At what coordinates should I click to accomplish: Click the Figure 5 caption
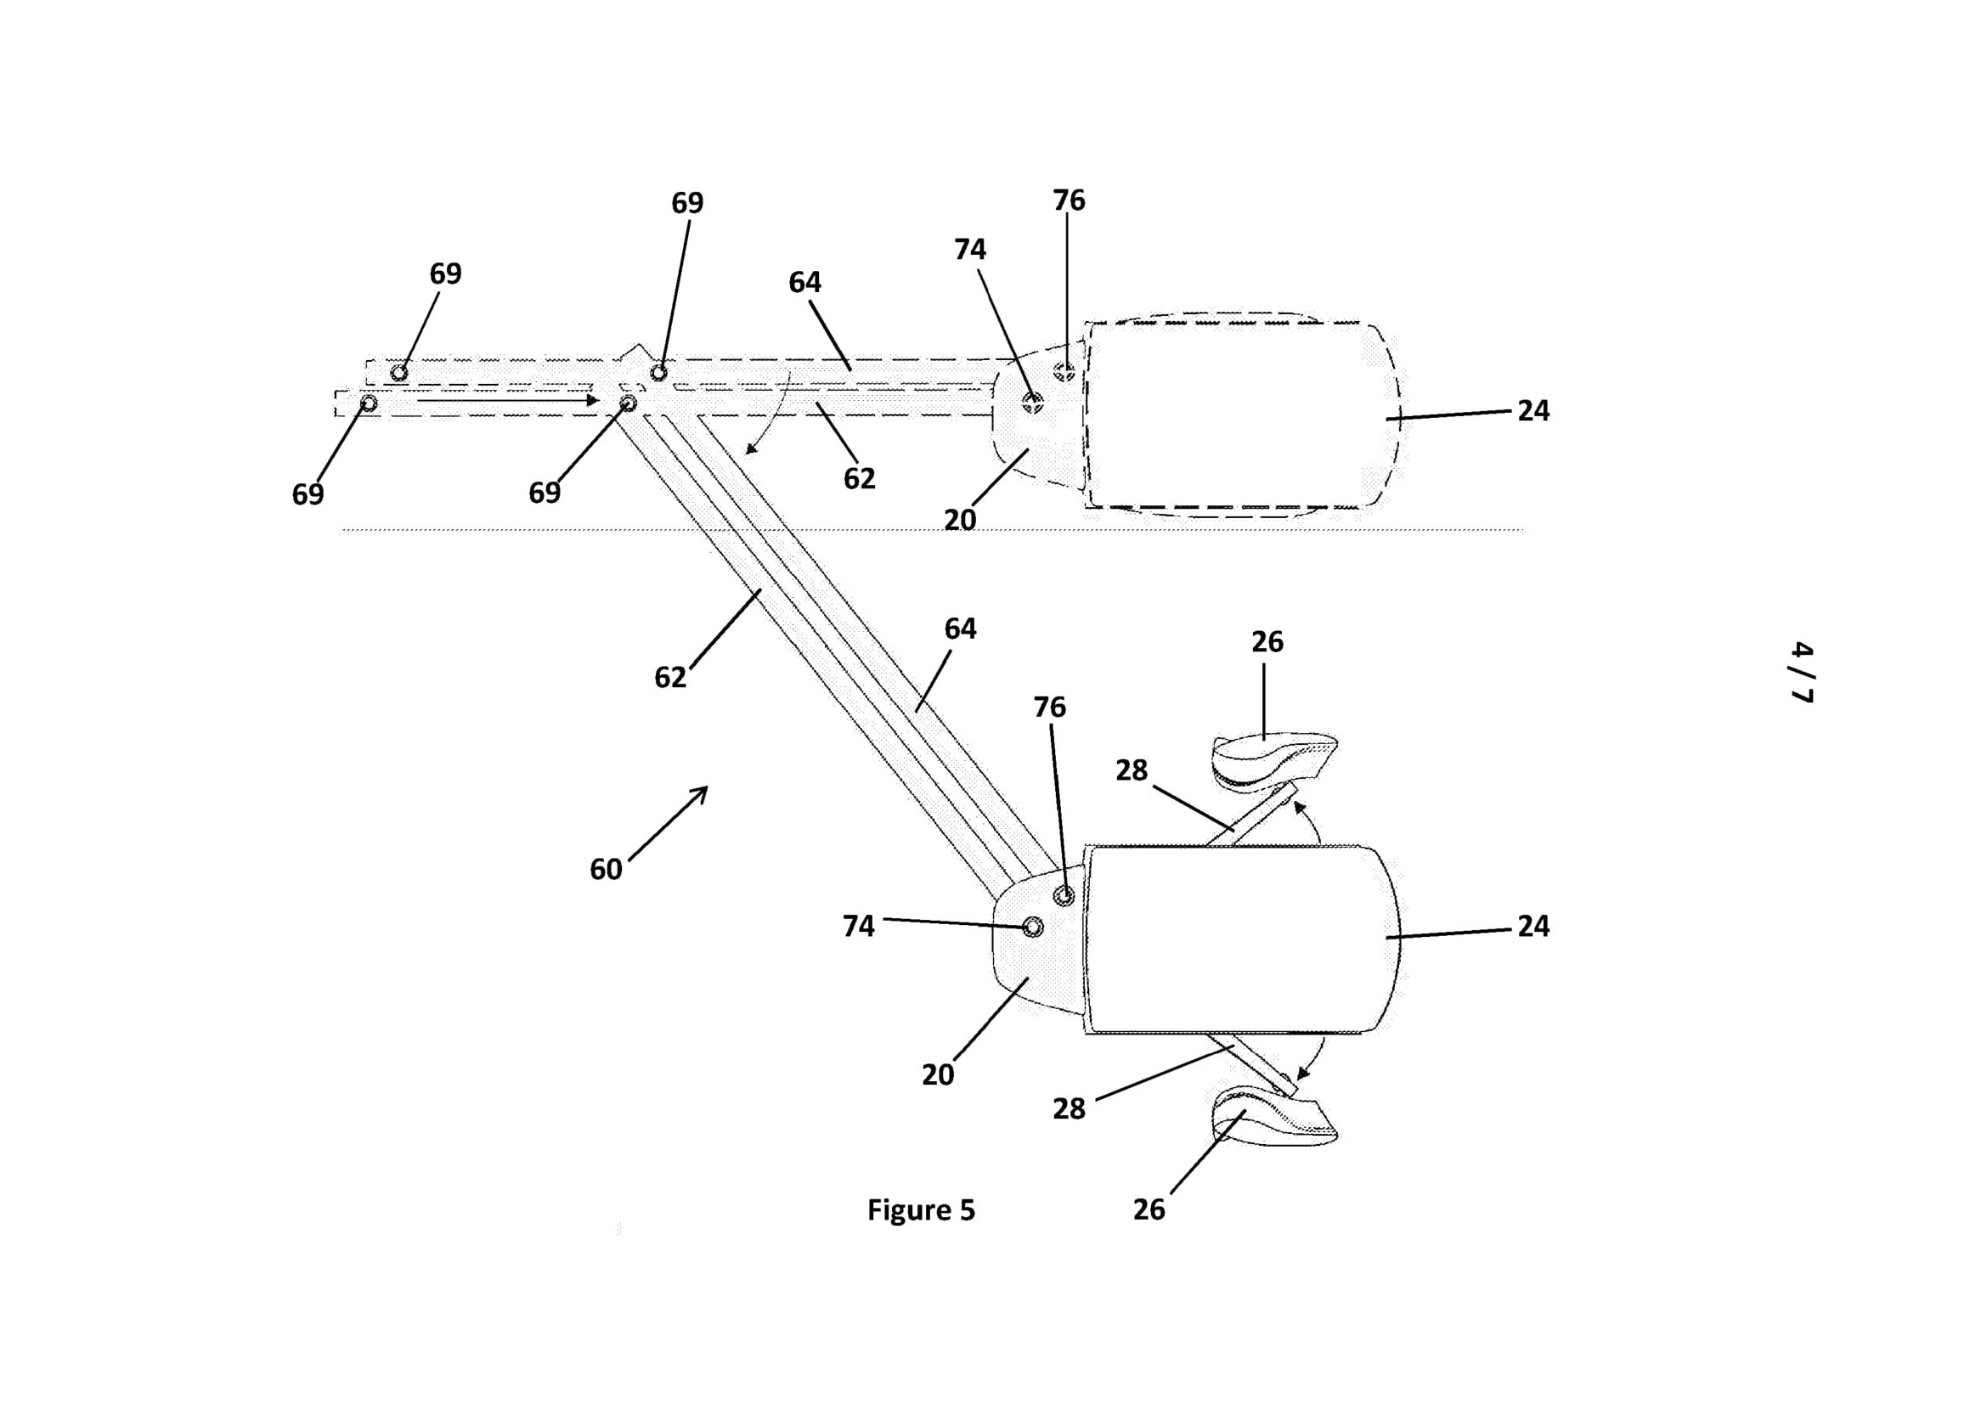point(921,1209)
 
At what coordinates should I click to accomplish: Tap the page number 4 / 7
point(1801,672)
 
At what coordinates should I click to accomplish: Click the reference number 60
point(606,869)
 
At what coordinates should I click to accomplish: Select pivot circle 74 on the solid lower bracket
point(1032,928)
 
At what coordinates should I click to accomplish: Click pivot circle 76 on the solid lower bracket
point(1064,895)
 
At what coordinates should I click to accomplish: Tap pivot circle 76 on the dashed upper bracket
point(1065,372)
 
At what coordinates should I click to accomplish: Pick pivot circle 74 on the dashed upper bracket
point(1032,403)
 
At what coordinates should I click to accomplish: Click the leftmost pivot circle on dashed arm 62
point(369,403)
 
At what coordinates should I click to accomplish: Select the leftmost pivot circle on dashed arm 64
point(399,373)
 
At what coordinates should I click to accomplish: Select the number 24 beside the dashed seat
point(1533,411)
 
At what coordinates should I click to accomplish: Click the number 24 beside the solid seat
point(1533,927)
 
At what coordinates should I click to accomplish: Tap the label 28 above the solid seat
point(1131,770)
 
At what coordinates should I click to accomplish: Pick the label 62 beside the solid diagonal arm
point(669,677)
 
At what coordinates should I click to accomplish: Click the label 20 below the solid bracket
point(937,1074)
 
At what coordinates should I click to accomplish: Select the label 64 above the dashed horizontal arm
point(804,282)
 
